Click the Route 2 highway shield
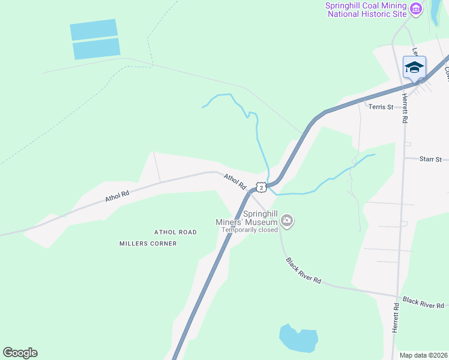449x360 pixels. [261, 187]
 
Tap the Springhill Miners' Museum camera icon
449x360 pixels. [288, 221]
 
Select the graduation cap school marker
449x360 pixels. [414, 67]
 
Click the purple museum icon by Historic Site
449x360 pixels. [416, 9]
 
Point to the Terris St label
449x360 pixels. [381, 107]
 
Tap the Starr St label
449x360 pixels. [430, 159]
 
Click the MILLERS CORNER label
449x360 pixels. [148, 244]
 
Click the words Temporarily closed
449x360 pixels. [249, 229]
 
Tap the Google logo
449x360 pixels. [20, 353]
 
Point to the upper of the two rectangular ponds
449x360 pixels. [93, 29]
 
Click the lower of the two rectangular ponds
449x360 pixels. [96, 49]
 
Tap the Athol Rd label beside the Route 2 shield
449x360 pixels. [235, 182]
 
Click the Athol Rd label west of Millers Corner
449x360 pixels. [117, 196]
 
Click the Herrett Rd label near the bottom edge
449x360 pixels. [396, 317]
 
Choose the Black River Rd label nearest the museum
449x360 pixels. [304, 271]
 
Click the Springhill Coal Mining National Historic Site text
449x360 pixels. [366, 9]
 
